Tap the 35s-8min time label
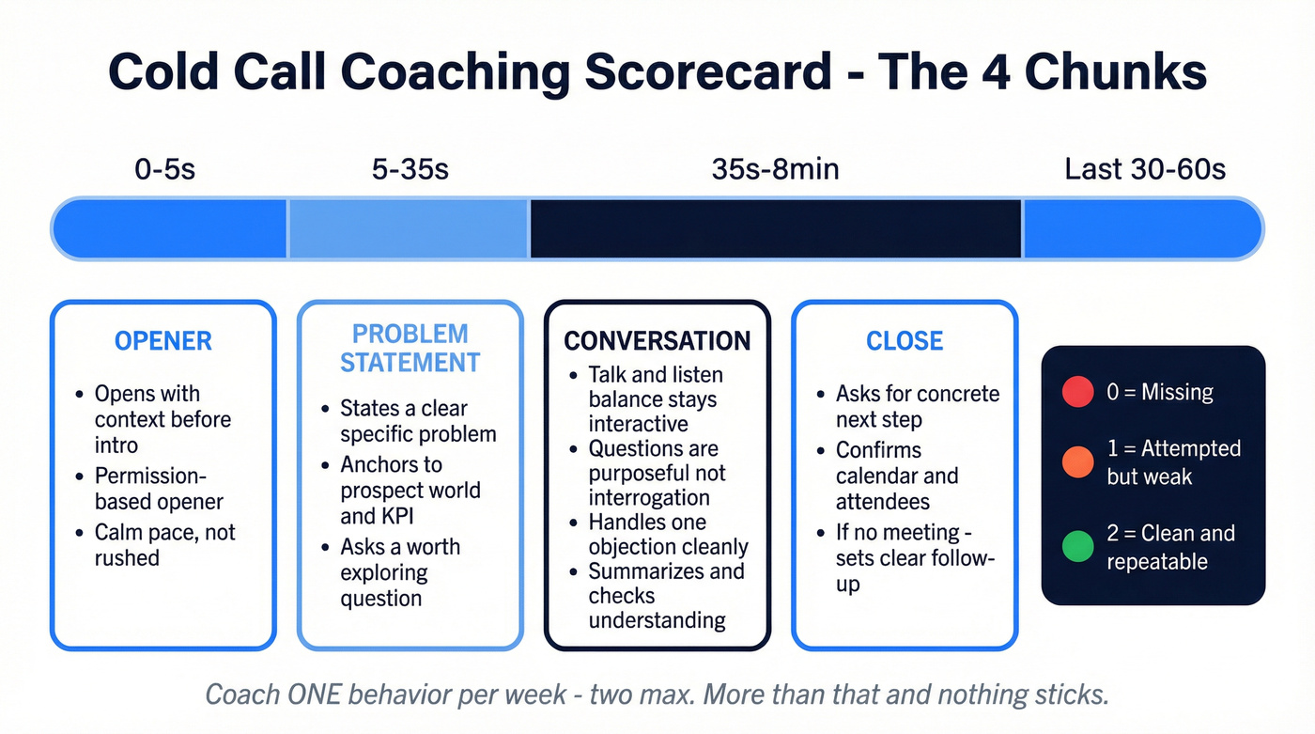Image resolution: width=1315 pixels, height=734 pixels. pos(775,169)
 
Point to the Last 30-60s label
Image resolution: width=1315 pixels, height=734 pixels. pos(1145,169)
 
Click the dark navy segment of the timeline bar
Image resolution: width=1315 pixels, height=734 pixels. pos(775,228)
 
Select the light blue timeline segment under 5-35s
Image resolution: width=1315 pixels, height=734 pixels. pos(408,228)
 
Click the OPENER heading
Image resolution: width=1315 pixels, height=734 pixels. pos(163,341)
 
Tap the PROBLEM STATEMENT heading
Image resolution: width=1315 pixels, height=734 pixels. pos(410,348)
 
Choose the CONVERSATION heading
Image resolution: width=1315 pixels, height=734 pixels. pos(657,340)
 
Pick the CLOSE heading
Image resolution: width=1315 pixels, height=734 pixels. pos(905,341)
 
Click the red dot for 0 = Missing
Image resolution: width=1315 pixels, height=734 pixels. pos(1076,392)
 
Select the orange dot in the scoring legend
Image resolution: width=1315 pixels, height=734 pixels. pos(1076,461)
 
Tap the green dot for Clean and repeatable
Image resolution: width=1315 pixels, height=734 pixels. pos(1076,546)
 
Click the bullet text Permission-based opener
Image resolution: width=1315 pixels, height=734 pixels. pos(159,489)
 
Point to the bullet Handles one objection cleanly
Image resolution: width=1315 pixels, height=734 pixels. pos(668,534)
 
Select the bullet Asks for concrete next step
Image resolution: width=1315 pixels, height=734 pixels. pos(917,406)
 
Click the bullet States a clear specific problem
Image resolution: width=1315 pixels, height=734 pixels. pos(418,421)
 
